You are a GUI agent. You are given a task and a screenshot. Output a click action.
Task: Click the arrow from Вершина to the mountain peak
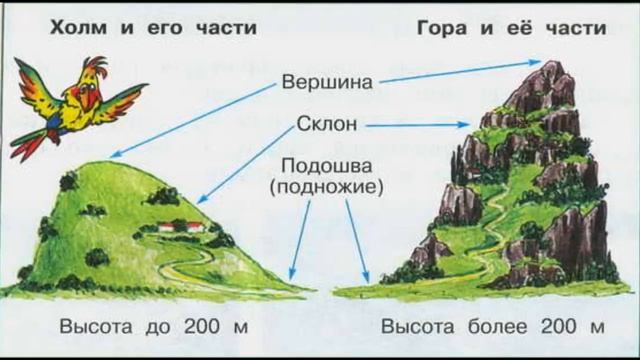(460, 71)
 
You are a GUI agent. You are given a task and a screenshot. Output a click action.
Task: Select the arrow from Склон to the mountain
(420, 126)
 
